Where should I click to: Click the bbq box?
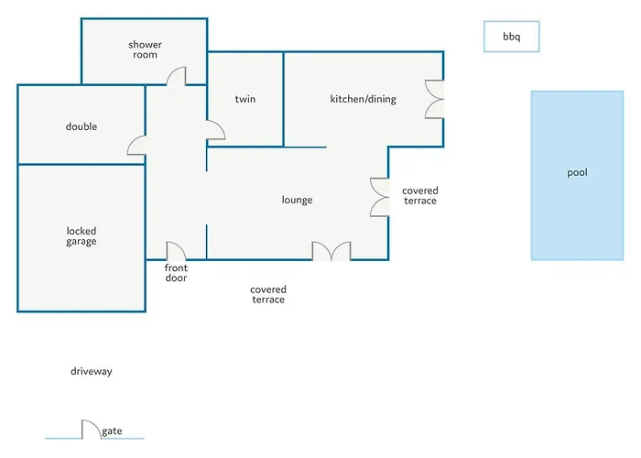coord(511,37)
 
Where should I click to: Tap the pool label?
coord(577,173)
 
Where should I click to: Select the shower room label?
coord(144,49)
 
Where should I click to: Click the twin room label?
coord(244,99)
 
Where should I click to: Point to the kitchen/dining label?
coord(363,99)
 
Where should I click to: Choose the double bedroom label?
coord(81,126)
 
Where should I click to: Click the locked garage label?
coord(81,236)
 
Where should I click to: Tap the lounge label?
coord(298,200)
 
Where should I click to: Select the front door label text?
coord(176,272)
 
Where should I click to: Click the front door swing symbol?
coord(176,251)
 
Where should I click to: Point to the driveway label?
coord(91,372)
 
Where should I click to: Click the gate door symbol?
coord(90,430)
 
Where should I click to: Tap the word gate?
coord(113,431)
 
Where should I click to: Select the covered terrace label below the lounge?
coord(267,294)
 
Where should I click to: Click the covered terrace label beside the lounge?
coord(419,196)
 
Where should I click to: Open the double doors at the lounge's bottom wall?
coord(331,252)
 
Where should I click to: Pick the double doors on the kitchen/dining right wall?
coord(435,98)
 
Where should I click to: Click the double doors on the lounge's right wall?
coord(380,196)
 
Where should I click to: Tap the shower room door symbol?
coord(178,76)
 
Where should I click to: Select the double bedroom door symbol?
coord(136,145)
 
